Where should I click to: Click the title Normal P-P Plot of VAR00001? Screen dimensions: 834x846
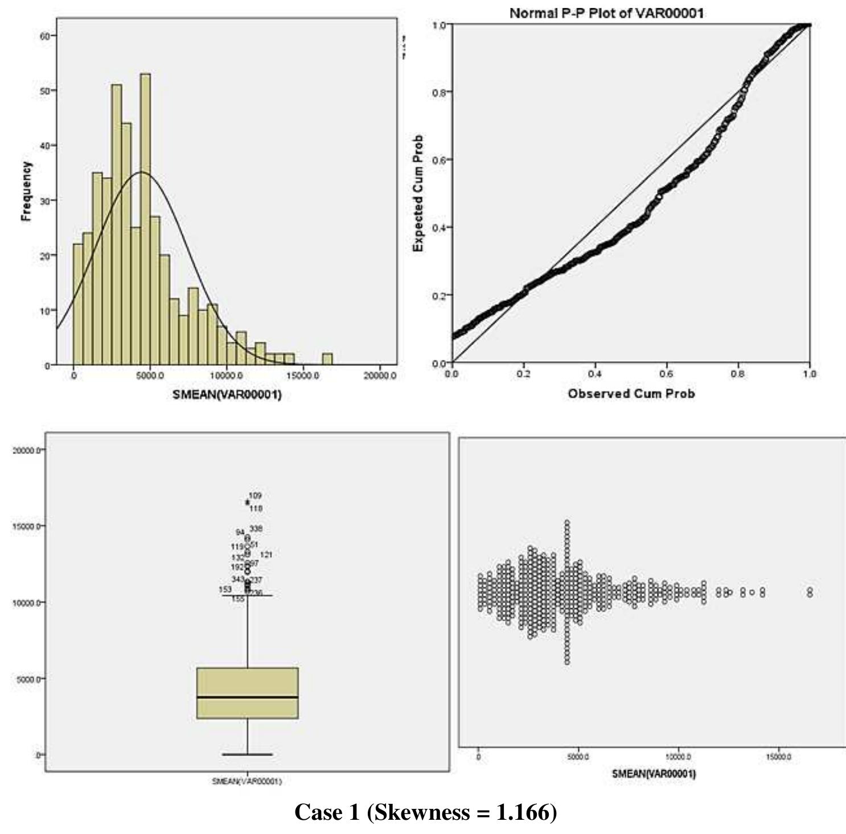pos(606,13)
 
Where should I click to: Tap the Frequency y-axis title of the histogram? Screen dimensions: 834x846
pos(26,191)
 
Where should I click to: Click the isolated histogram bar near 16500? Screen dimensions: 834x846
pos(327,359)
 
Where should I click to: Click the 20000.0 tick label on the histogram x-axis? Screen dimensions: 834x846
pos(381,377)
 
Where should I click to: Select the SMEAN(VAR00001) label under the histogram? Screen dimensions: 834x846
pos(227,394)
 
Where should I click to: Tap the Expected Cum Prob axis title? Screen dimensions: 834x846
pos(418,193)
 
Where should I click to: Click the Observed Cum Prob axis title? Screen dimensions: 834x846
pos(631,394)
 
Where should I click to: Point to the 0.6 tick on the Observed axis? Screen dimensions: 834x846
pos(666,374)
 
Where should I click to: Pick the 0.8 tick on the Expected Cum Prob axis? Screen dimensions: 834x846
pos(439,92)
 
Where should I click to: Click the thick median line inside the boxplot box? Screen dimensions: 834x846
pos(247,697)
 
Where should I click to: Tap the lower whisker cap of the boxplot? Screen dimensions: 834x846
pos(247,754)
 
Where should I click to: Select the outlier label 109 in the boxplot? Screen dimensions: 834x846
pos(255,496)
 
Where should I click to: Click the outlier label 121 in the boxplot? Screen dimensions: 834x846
pos(266,555)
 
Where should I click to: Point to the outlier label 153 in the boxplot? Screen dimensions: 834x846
pos(225,589)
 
